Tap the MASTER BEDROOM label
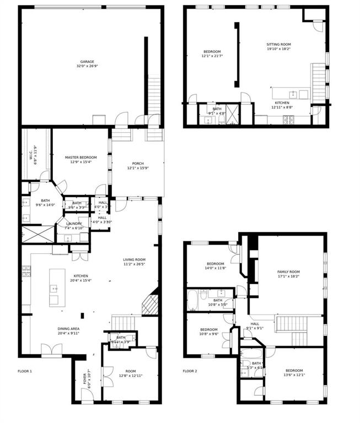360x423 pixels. (x=80, y=157)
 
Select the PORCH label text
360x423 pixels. (x=138, y=164)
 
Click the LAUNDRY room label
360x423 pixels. (x=73, y=223)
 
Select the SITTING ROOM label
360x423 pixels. (x=278, y=45)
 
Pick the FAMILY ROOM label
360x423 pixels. (x=288, y=272)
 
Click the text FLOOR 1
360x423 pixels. (x=25, y=371)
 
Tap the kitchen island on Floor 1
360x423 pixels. (x=54, y=287)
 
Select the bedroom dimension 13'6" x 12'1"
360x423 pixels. (x=294, y=375)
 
